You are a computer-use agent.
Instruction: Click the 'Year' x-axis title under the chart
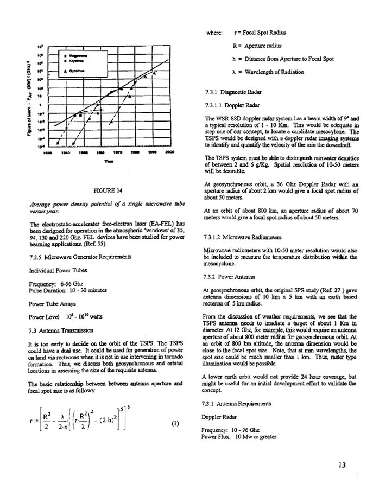[110, 161]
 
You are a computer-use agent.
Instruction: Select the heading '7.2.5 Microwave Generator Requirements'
[77, 256]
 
